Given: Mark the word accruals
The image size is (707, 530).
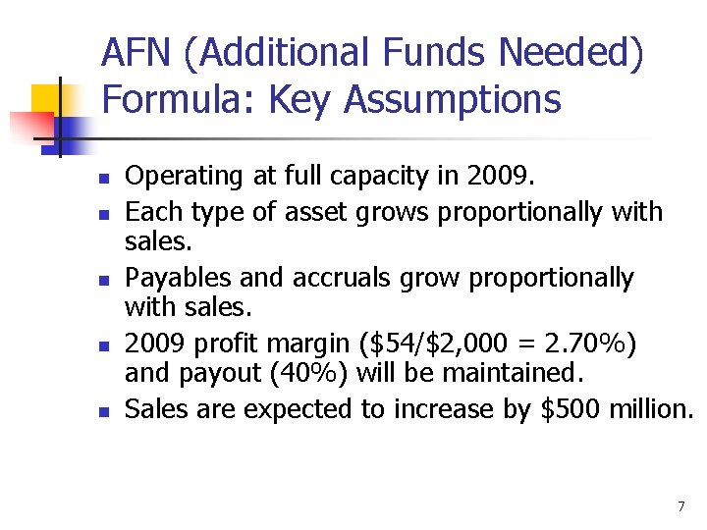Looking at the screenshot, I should [x=339, y=279].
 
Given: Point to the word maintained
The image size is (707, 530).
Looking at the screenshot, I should [x=529, y=374].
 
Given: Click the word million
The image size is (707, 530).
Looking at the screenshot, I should [x=648, y=409].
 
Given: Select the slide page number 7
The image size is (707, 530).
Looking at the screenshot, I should [x=680, y=506].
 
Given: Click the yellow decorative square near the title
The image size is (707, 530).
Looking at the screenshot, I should [x=48, y=101].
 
